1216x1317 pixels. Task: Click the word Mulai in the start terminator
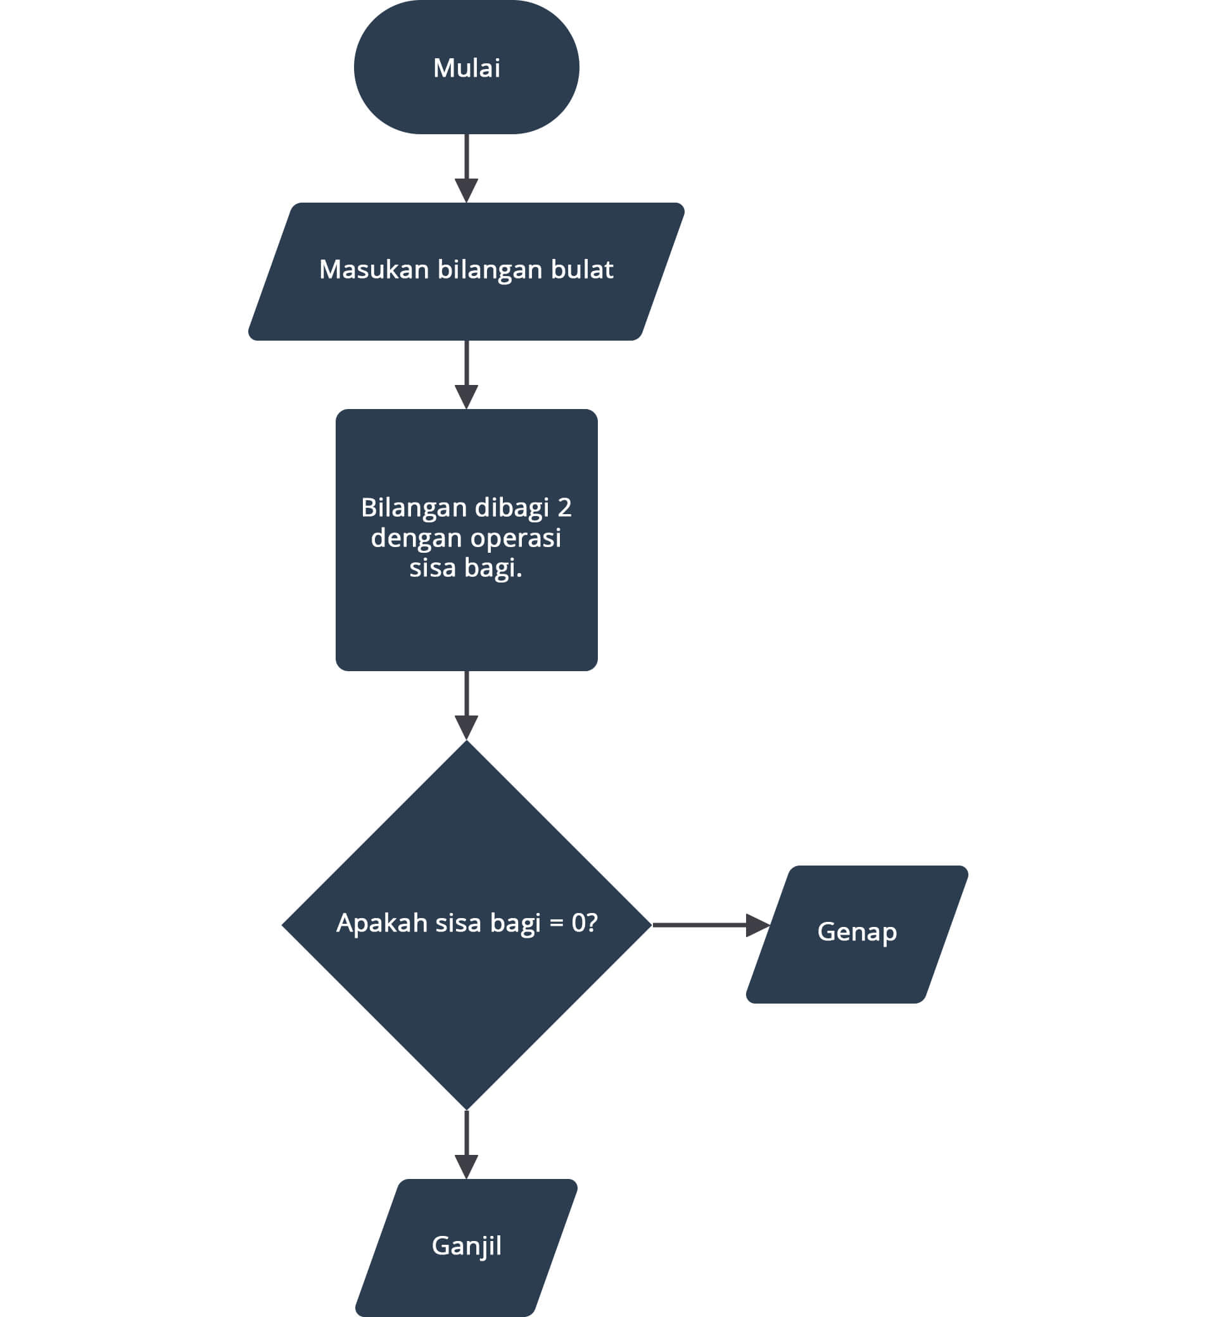(x=467, y=68)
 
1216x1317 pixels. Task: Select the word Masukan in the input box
(x=374, y=270)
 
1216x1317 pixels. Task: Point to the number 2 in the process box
(x=564, y=507)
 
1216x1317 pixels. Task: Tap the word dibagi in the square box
(x=511, y=507)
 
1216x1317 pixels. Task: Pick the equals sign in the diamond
(x=557, y=923)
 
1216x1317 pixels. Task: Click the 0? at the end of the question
(x=585, y=923)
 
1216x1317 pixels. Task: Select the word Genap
(x=857, y=931)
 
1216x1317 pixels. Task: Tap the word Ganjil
(x=467, y=1245)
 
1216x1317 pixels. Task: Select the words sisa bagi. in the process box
(x=466, y=568)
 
